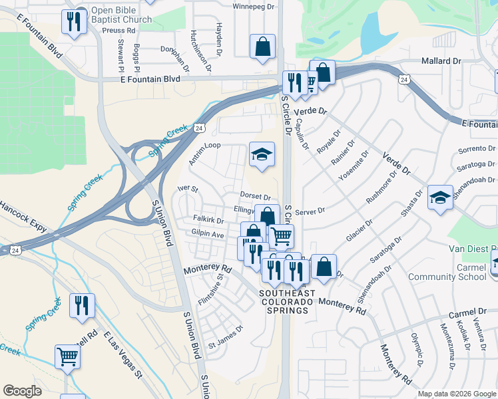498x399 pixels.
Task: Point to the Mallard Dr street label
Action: pyautogui.click(x=441, y=61)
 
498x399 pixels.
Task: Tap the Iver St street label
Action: pyautogui.click(x=188, y=189)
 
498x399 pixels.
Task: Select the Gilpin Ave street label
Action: pyautogui.click(x=208, y=234)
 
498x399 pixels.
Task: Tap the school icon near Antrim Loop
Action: pyautogui.click(x=262, y=155)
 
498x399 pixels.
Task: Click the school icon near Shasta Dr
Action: pyautogui.click(x=440, y=197)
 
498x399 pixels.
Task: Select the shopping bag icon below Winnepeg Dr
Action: pyautogui.click(x=263, y=47)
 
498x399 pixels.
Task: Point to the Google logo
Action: pyautogui.click(x=22, y=391)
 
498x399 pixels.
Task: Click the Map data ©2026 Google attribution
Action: pyautogui.click(x=457, y=394)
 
